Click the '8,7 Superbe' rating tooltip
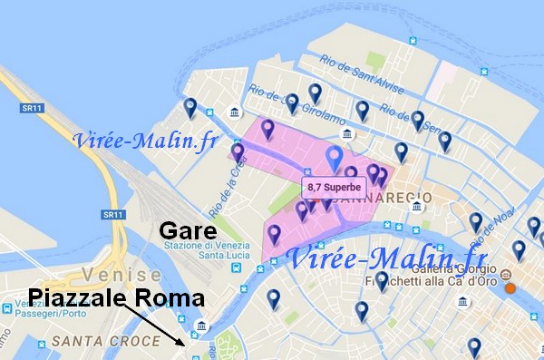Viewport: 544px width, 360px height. (334, 188)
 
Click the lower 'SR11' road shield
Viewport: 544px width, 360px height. (112, 215)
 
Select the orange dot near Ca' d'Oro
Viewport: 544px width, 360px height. (510, 288)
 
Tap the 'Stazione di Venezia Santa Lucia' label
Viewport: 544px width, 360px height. (210, 251)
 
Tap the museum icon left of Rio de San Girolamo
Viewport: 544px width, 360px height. (236, 113)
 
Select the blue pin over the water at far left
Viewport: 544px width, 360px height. (189, 108)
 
